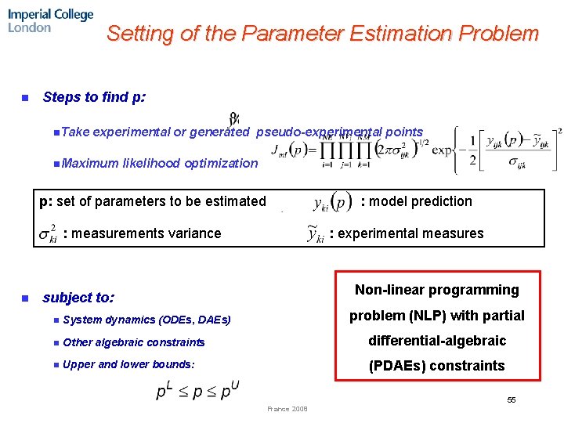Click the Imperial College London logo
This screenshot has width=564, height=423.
click(50, 21)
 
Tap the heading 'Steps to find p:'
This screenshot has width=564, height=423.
click(94, 97)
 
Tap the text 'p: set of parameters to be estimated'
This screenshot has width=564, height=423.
click(153, 201)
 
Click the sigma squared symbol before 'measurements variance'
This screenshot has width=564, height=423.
click(48, 233)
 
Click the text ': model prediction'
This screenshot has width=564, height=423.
click(416, 201)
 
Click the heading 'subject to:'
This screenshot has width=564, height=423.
click(78, 298)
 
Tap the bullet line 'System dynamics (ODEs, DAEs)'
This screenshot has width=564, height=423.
click(146, 320)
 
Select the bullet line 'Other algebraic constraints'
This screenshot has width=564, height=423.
click(133, 342)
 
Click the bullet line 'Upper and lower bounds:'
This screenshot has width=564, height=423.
click(128, 364)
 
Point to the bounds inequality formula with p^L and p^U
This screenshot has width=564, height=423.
click(197, 391)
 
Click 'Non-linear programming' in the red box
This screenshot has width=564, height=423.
click(436, 290)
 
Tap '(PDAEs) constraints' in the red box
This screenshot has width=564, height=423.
click(436, 366)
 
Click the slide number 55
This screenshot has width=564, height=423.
click(511, 400)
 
